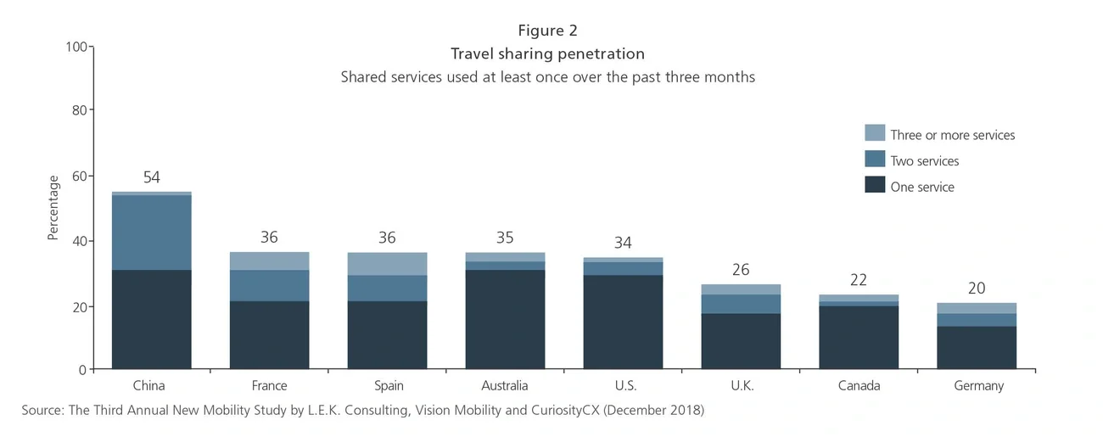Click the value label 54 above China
(x=151, y=177)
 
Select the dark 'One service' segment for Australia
(x=505, y=319)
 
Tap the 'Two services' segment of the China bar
(x=151, y=233)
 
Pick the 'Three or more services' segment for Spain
(x=387, y=264)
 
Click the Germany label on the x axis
(x=977, y=386)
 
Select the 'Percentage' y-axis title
(x=53, y=208)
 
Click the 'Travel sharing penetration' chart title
(x=547, y=54)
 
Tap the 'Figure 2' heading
(x=547, y=31)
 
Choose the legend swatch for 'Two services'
(x=875, y=160)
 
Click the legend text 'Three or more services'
(x=952, y=135)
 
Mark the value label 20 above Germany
(x=977, y=289)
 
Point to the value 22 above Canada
(x=859, y=280)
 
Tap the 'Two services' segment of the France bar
(x=269, y=285)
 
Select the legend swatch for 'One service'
(x=875, y=186)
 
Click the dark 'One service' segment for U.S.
(x=624, y=322)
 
